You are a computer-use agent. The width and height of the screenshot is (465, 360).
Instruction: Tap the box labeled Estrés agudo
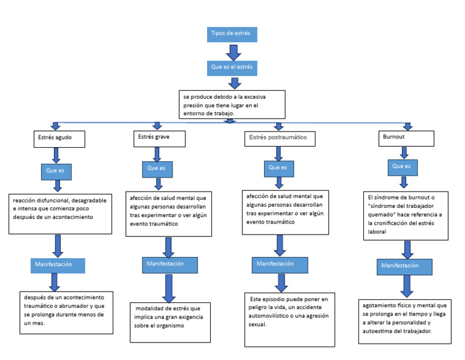59,139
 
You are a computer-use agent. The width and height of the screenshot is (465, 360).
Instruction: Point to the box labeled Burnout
406,138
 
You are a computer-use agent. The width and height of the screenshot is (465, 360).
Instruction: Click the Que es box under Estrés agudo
56,172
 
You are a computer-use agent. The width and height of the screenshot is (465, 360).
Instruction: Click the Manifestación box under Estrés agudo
58,265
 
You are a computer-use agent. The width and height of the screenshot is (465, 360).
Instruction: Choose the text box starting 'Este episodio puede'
289,319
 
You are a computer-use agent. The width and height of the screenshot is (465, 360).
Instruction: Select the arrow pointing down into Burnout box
407,126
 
